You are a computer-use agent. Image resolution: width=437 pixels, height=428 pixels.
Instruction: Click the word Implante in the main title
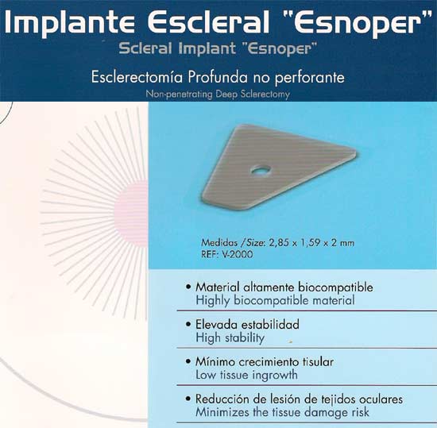click(x=69, y=23)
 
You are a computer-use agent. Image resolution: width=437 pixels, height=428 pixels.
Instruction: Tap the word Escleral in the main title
click(x=208, y=21)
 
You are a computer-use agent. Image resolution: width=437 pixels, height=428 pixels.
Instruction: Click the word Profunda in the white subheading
click(x=218, y=77)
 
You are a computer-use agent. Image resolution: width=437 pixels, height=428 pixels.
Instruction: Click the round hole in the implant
click(x=261, y=171)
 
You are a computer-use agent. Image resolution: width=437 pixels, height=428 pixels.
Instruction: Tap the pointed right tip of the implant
click(x=355, y=153)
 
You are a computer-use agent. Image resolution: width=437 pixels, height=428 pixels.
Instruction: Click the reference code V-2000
click(x=238, y=254)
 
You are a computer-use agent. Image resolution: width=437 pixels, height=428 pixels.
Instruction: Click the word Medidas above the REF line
click(x=219, y=242)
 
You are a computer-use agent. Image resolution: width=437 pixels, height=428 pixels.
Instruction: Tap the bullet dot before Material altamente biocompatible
click(x=188, y=287)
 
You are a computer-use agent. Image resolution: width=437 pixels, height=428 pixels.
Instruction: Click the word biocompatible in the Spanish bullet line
click(x=335, y=287)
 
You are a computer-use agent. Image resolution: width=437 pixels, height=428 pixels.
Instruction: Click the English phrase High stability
click(x=230, y=338)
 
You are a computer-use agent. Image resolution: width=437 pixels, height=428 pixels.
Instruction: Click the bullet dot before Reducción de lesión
click(x=188, y=399)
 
